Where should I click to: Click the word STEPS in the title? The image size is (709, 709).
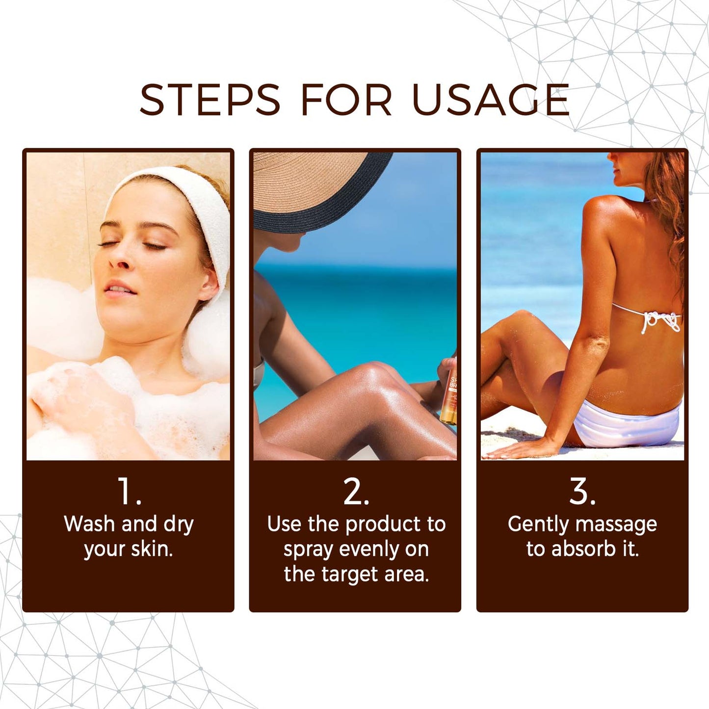210,100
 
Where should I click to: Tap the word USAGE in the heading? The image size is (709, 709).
491,100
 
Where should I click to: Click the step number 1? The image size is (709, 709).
129,491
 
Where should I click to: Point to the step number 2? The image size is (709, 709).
355,491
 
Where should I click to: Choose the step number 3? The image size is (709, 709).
582,491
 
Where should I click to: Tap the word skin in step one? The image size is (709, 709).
152,549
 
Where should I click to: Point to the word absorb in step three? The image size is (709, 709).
583,549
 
